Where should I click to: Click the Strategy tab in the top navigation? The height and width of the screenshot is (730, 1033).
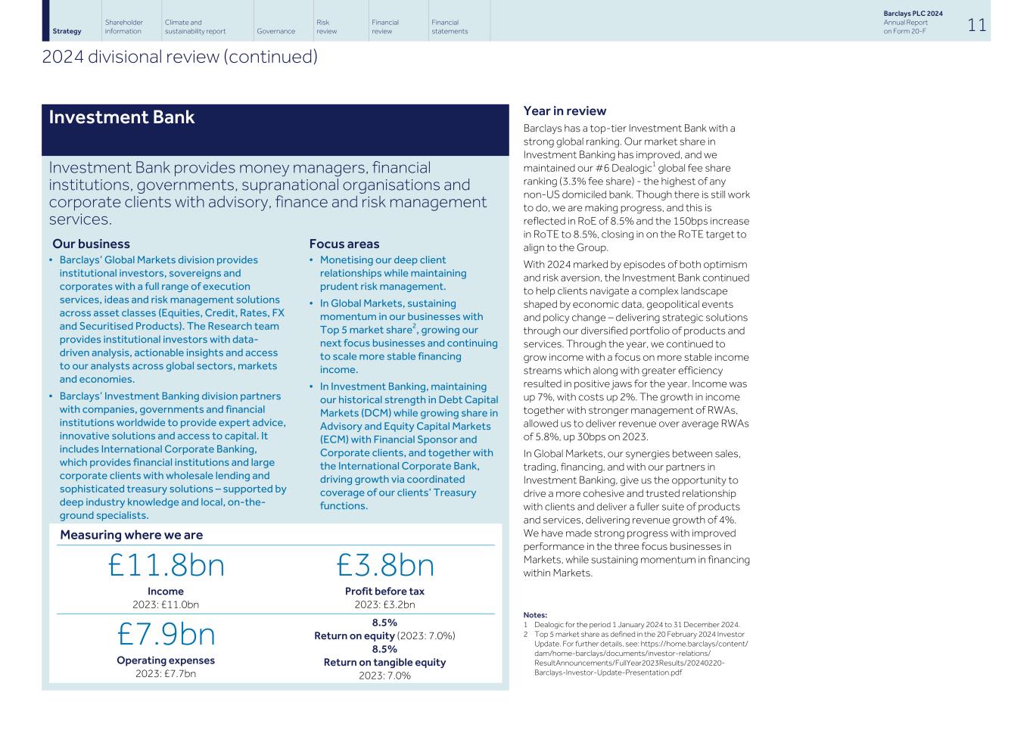point(67,31)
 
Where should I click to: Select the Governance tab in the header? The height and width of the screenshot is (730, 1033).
point(275,31)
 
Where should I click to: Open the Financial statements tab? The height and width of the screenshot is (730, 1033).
point(450,26)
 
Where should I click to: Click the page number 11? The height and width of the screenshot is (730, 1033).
point(976,25)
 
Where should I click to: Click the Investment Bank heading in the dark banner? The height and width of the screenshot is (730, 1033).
point(122,117)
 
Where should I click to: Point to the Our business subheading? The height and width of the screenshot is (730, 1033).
point(91,244)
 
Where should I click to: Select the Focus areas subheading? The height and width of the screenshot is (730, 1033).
point(344,244)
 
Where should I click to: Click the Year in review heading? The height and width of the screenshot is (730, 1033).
point(565,111)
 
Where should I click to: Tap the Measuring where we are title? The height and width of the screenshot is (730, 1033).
point(131,535)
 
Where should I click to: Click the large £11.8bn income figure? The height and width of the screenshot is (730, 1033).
point(166,565)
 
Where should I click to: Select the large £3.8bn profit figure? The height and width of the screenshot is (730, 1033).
point(384,565)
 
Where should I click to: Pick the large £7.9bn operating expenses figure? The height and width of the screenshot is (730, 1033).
point(166,634)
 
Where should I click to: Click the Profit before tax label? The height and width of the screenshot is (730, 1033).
point(384,591)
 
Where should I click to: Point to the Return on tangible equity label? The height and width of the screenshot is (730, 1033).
point(384,662)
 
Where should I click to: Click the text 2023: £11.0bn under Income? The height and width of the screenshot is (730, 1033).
point(166,604)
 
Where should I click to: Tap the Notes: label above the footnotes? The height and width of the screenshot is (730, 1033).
point(535,615)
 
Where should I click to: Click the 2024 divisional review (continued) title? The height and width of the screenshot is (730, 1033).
point(179,57)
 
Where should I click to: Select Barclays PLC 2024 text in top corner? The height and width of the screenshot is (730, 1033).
point(913,14)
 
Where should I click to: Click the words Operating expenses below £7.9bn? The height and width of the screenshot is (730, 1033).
point(166,660)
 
